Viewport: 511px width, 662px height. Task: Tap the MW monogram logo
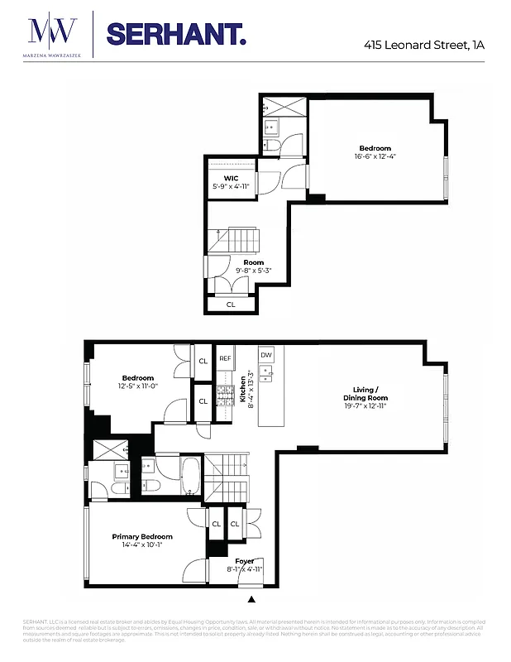point(53,31)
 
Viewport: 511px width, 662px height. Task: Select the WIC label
point(231,178)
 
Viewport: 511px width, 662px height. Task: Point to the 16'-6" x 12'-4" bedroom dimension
point(375,156)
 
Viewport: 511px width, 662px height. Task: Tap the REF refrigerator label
point(224,358)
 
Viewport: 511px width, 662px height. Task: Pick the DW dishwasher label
point(266,355)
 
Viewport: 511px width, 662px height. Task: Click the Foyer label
point(245,561)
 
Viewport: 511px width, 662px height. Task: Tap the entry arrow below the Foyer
point(252,597)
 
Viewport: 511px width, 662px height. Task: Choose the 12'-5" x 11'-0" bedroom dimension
point(139,386)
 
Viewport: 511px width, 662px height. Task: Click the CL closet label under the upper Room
point(231,305)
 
